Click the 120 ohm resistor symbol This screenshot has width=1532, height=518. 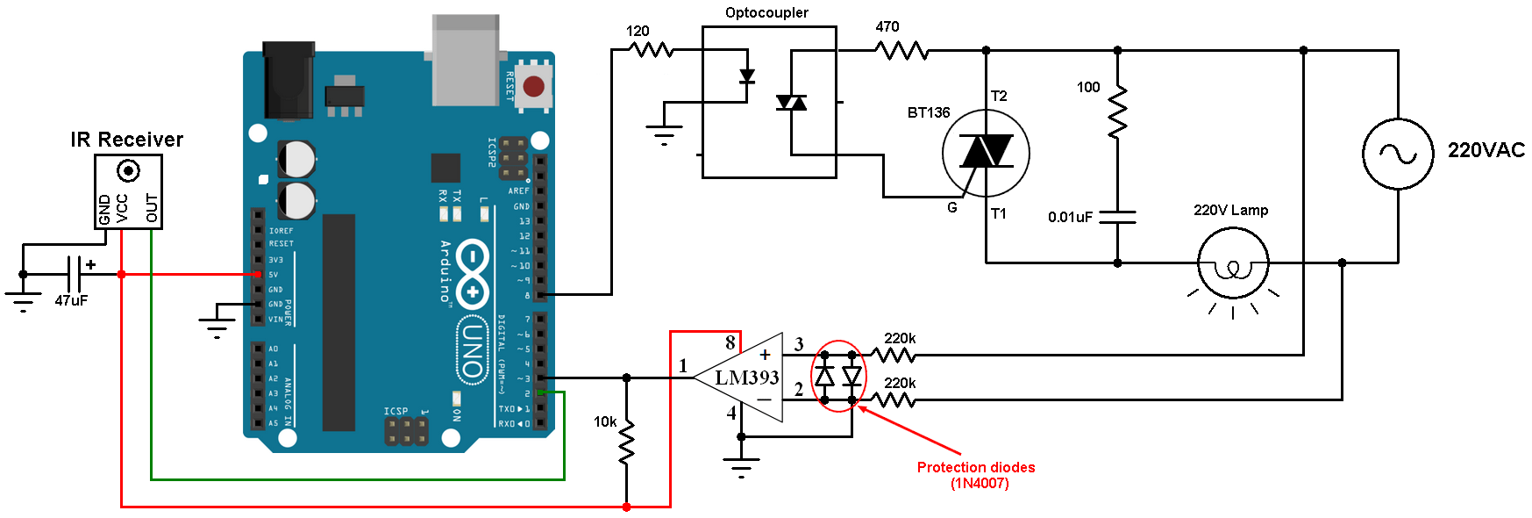[652, 50]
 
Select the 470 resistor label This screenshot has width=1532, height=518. [887, 27]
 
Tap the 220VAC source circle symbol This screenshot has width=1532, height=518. [1398, 154]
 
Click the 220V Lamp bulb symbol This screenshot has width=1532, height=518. [1233, 263]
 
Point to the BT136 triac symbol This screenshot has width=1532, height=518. [986, 153]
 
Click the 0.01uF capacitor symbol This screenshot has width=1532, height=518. [1117, 217]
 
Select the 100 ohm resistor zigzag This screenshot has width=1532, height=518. [1117, 112]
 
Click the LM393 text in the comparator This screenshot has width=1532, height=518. [746, 378]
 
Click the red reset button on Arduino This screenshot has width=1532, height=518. [533, 86]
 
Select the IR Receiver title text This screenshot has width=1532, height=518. [127, 140]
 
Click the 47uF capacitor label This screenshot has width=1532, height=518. [71, 301]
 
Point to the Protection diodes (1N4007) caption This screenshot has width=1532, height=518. [976, 475]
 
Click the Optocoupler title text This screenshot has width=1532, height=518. [766, 12]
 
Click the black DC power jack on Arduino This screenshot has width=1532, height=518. [289, 79]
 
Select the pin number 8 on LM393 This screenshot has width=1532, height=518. [730, 343]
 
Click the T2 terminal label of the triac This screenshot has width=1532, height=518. [999, 96]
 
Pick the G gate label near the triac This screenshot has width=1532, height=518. [952, 207]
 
